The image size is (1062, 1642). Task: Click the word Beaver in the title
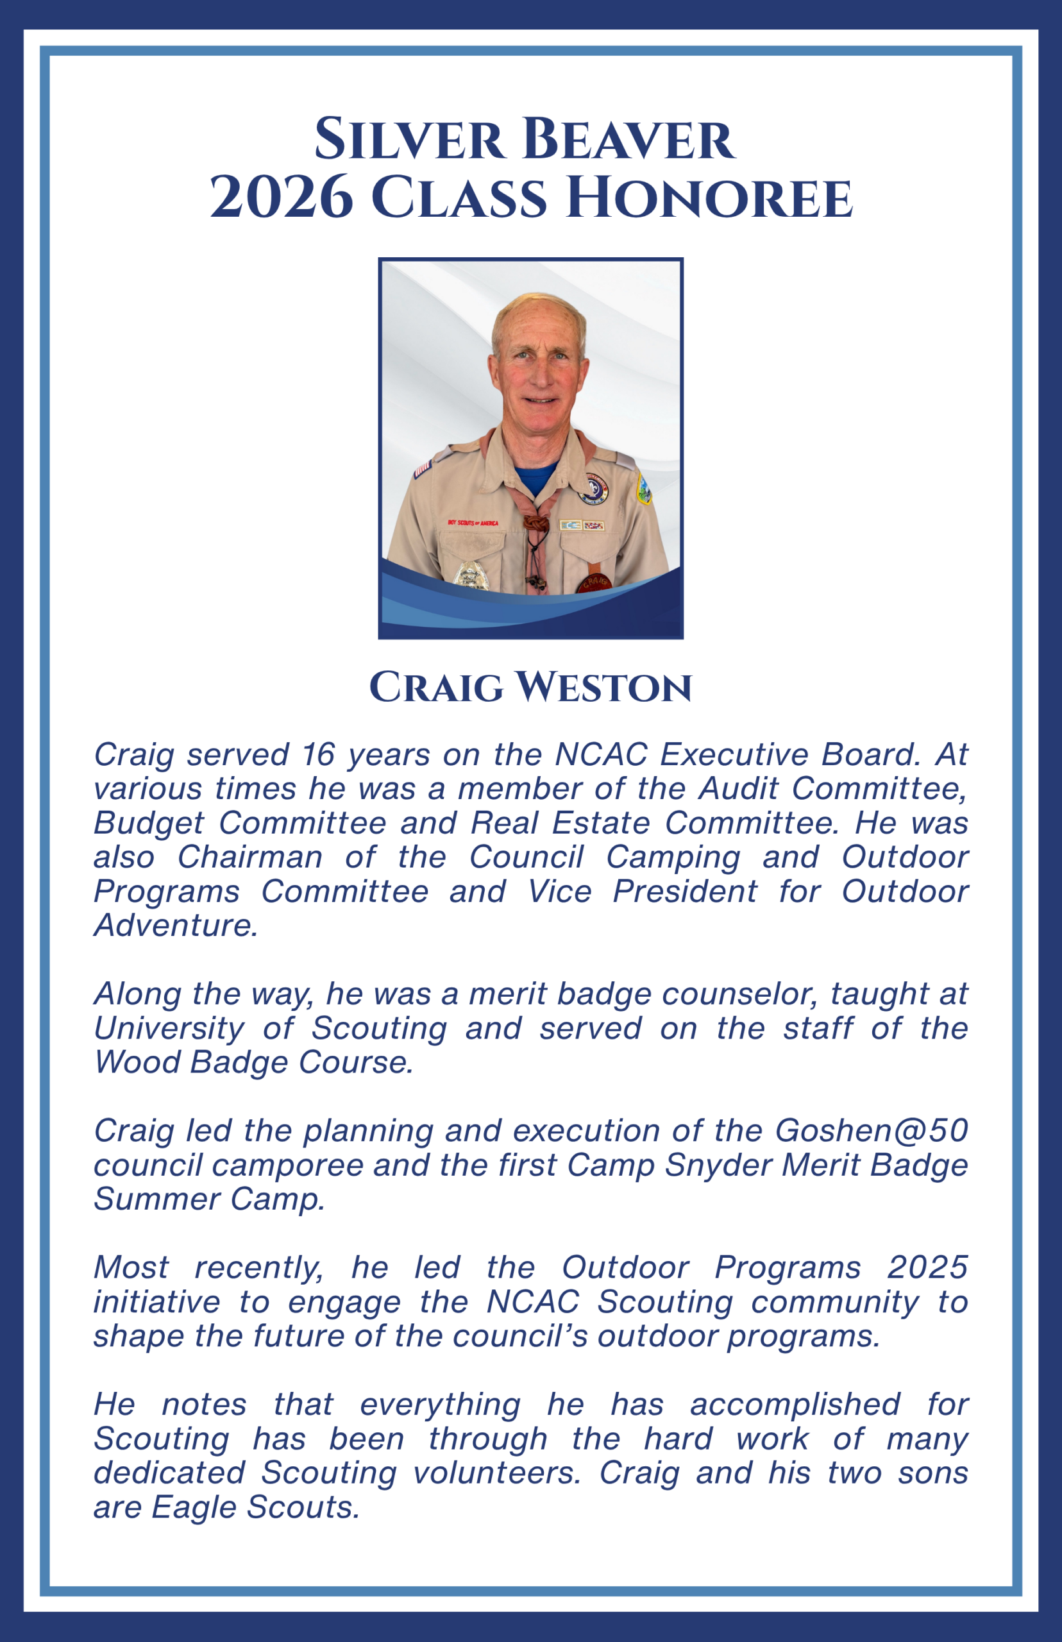pyautogui.click(x=628, y=139)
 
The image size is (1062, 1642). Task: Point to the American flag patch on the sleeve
pyautogui.click(x=421, y=469)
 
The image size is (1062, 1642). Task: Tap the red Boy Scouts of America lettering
pyautogui.click(x=473, y=523)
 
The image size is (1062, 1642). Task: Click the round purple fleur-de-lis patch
pyautogui.click(x=595, y=488)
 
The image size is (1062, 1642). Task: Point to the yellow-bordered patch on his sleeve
pyautogui.click(x=643, y=487)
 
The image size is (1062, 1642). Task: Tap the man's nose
pyautogui.click(x=540, y=375)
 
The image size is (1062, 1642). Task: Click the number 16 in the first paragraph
pyautogui.click(x=318, y=754)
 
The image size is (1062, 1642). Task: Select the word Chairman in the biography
pyautogui.click(x=250, y=857)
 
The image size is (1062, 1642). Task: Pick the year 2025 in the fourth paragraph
pyautogui.click(x=927, y=1267)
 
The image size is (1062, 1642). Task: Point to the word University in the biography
pyautogui.click(x=169, y=1028)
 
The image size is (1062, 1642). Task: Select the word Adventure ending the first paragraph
pyautogui.click(x=176, y=926)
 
